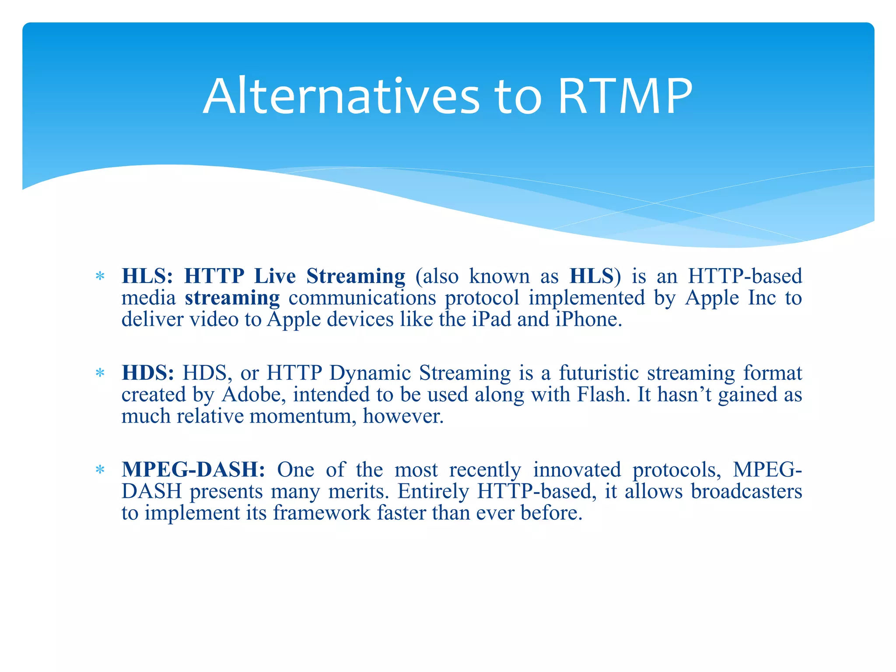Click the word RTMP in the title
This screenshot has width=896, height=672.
[626, 96]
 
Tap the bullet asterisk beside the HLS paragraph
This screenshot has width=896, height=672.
[100, 276]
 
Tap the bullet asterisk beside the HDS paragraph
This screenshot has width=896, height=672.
[100, 373]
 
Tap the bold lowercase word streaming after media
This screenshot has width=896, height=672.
[232, 298]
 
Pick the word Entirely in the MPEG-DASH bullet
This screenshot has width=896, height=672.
[433, 491]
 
